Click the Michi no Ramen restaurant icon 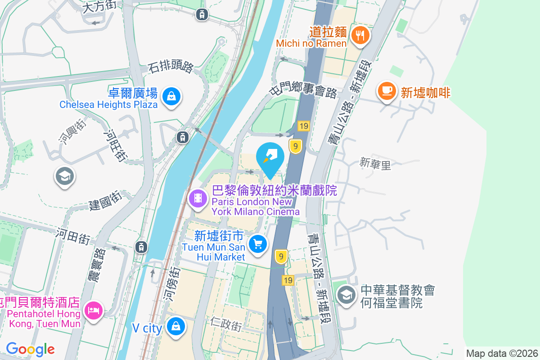pos(360,34)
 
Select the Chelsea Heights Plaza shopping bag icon pos(171,96)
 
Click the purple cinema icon pos(198,198)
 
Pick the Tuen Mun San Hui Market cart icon pos(258,244)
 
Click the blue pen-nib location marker pos(270,157)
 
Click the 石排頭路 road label pos(171,67)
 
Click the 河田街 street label pos(73,235)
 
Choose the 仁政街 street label pos(226,324)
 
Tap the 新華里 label pos(375,164)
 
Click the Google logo pos(30,349)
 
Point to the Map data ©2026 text pos(502,353)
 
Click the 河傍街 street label pos(171,283)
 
